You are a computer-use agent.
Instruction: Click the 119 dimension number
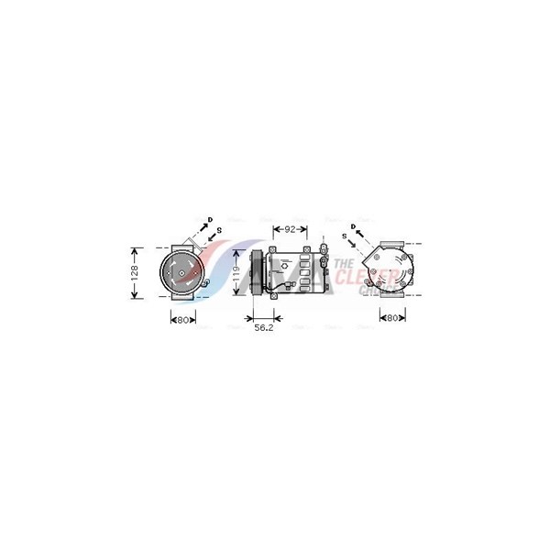coord(237,272)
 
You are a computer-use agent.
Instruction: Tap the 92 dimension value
coord(290,228)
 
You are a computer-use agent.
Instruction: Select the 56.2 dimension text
coord(264,327)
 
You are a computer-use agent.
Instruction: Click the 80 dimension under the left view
coord(181,320)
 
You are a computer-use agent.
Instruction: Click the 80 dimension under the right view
coord(392,319)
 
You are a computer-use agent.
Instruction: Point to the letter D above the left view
coord(211,219)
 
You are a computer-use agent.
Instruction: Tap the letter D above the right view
coord(352,225)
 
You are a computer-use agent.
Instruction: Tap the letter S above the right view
coord(344,236)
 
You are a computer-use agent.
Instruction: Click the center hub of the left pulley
coord(181,270)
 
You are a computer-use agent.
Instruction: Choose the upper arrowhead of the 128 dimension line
coord(135,249)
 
